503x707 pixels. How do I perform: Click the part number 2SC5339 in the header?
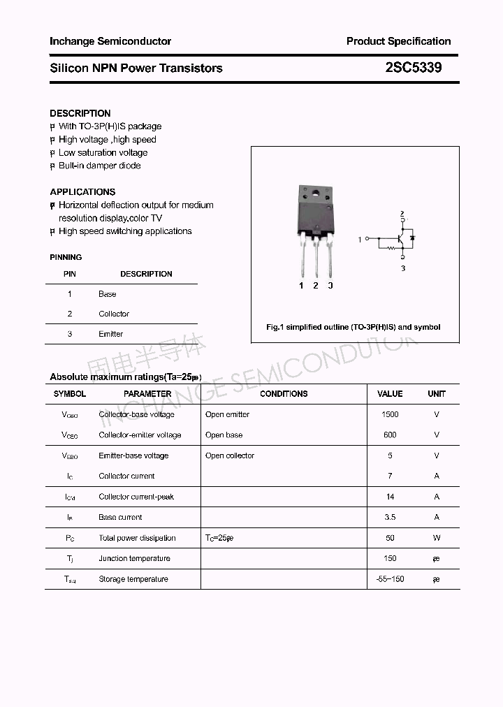click(x=414, y=68)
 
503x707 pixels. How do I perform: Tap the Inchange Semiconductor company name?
click(x=110, y=41)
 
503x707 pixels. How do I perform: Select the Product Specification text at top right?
click(x=398, y=41)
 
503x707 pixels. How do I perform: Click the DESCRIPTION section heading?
click(x=80, y=113)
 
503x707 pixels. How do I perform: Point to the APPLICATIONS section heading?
click(x=82, y=191)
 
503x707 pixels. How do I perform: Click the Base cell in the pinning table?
click(x=108, y=294)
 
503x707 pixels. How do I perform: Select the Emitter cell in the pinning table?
click(x=110, y=334)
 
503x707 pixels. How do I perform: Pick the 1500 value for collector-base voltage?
click(x=390, y=414)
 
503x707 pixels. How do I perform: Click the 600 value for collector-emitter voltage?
click(x=390, y=435)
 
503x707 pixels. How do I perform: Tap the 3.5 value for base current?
click(x=390, y=517)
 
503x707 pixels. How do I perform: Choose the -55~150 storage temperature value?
click(x=390, y=579)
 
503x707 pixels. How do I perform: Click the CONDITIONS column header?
click(x=284, y=394)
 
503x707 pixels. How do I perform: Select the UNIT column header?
click(x=437, y=394)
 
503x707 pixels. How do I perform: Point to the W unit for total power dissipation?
click(x=437, y=538)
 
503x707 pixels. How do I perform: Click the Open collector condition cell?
click(x=230, y=455)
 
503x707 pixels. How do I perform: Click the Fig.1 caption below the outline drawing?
click(x=353, y=327)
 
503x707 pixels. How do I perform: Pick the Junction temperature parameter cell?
click(x=134, y=558)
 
